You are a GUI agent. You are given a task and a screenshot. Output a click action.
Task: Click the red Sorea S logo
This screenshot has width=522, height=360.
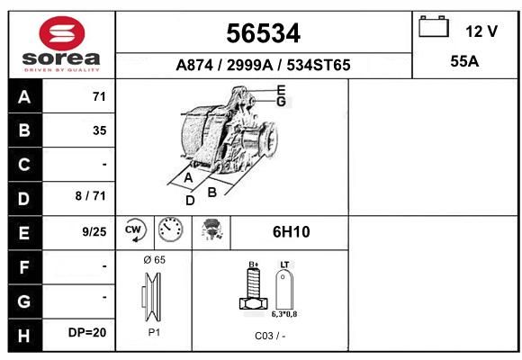pos(62,33)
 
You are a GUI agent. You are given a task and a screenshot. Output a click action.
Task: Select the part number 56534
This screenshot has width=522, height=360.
pos(264,33)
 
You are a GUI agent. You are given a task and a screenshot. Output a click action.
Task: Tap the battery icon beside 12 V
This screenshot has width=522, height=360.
pos(434,26)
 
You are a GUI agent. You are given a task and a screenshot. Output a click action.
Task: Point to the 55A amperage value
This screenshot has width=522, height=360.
pos(464,61)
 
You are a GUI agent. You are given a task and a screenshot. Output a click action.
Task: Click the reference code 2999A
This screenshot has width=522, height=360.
pos(249,65)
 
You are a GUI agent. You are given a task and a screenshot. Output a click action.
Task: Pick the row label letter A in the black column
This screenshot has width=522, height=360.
pos(24,97)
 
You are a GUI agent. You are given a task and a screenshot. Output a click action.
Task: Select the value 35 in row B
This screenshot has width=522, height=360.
pos(100,130)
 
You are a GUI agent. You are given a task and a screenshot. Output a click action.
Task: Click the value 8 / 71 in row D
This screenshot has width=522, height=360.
pos(91,196)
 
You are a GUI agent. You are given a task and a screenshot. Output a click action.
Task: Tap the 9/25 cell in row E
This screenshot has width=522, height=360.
pos(94,231)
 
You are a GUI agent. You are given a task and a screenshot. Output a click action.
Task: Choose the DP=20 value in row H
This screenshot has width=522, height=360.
pos(87,332)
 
